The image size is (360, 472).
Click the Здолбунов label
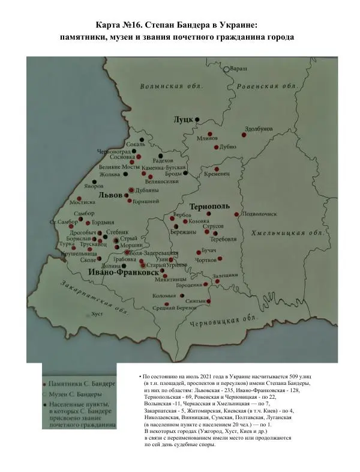(259, 129)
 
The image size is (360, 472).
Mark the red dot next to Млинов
(209, 133)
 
